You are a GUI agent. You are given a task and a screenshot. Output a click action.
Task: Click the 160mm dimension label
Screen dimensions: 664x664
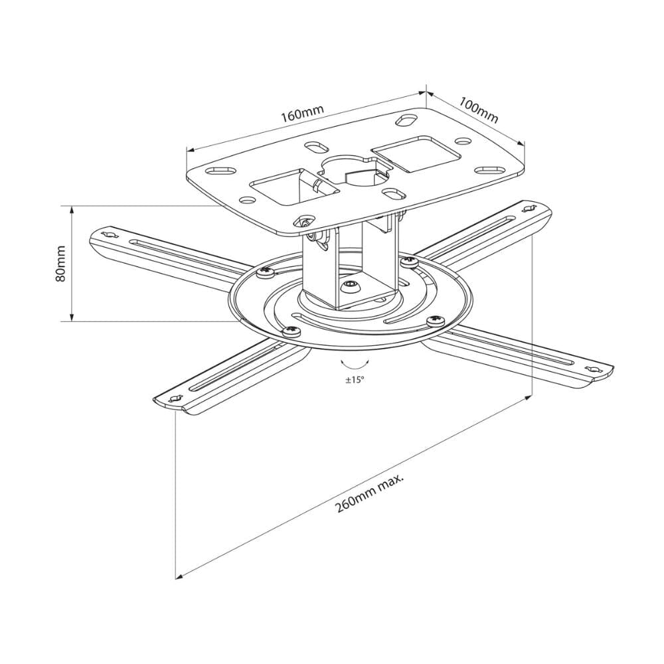301,114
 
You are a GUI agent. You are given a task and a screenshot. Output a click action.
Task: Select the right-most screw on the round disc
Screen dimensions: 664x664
437,321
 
